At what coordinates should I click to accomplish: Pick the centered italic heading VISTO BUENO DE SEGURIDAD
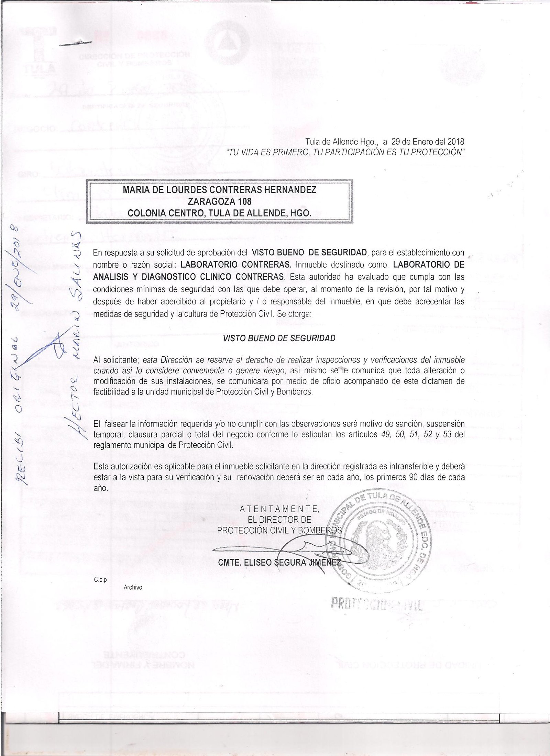coord(279,338)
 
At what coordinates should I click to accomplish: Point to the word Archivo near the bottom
coord(133,587)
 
